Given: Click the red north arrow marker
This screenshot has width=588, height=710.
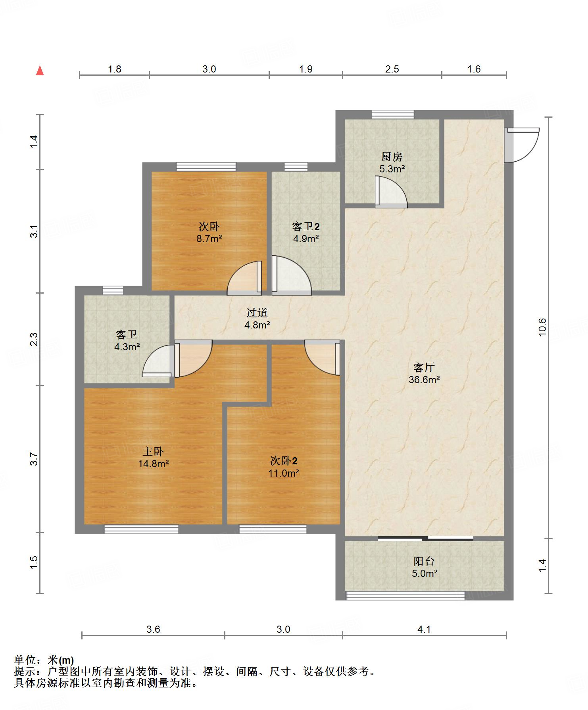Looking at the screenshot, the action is click(40, 71).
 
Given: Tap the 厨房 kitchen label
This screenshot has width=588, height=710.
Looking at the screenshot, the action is click(392, 157).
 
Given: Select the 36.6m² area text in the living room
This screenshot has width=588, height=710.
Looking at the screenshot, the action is click(424, 380).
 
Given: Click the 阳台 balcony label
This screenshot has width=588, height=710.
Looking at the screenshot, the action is click(424, 561).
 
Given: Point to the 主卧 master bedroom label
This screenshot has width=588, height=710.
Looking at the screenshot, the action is click(153, 451).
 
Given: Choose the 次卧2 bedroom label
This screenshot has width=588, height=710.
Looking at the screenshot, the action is click(284, 460).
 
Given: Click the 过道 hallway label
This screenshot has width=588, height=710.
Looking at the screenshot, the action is click(257, 313).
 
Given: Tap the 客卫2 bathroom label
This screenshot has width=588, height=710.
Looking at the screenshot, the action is click(306, 226).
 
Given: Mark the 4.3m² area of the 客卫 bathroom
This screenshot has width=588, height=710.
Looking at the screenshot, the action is click(127, 347).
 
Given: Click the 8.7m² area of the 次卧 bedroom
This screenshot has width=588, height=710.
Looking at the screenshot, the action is click(209, 239).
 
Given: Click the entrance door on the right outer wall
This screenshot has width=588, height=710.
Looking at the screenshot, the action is click(521, 145).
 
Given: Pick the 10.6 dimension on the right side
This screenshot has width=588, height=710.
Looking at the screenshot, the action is click(542, 327).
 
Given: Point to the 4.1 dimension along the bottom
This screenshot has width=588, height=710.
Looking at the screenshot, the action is click(424, 629).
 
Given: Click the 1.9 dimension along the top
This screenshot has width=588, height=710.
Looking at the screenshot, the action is click(306, 69).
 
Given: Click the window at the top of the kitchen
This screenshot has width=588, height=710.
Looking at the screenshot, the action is click(393, 115).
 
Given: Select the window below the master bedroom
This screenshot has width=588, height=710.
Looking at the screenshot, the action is click(141, 529).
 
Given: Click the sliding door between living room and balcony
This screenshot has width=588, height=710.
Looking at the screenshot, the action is click(425, 538).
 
